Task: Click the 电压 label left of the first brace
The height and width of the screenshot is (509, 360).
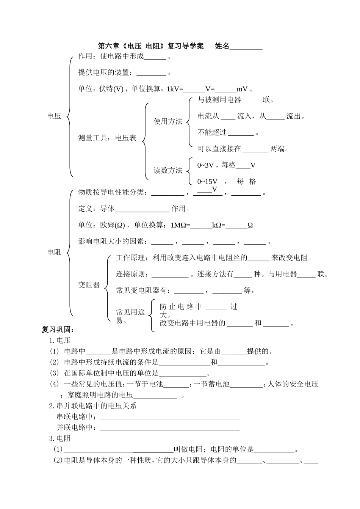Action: (x=54, y=116)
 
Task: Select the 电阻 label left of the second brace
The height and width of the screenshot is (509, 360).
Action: (x=54, y=252)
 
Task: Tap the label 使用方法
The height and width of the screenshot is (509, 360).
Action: (x=168, y=121)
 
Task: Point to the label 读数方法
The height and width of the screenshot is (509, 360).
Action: (x=168, y=171)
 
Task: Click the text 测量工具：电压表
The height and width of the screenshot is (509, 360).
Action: (x=107, y=138)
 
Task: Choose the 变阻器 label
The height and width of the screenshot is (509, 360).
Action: (x=89, y=285)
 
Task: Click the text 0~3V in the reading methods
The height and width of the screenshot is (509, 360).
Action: (x=206, y=165)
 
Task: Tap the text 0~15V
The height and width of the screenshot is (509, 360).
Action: (x=207, y=182)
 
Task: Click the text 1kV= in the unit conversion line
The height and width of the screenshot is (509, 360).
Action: (x=175, y=89)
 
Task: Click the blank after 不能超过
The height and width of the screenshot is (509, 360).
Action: (x=241, y=133)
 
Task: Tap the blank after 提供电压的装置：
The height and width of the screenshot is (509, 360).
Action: (x=151, y=74)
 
